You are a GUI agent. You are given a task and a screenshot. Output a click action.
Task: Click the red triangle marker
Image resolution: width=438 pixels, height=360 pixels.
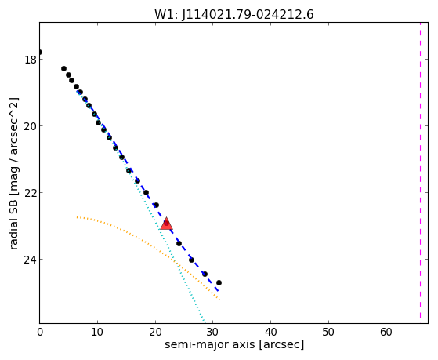click(x=166, y=224)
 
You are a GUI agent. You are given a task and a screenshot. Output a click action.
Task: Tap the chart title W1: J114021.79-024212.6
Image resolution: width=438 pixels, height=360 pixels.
click(x=234, y=15)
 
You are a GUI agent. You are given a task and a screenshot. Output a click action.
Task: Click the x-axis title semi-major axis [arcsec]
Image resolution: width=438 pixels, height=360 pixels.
click(x=234, y=344)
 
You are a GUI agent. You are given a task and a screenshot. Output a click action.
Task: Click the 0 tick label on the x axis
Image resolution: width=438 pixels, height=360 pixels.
click(x=40, y=332)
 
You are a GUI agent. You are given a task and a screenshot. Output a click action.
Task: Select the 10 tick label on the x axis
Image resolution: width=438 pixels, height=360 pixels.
click(x=97, y=332)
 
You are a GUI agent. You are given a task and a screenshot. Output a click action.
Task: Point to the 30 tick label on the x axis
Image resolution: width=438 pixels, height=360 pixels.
click(x=213, y=332)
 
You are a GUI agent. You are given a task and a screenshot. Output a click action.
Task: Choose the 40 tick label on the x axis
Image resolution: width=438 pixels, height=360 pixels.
click(x=270, y=332)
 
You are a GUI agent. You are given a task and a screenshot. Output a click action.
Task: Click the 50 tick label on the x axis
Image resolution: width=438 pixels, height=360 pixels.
click(x=328, y=332)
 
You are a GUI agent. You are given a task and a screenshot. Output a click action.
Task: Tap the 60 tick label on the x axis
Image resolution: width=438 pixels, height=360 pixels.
click(x=386, y=332)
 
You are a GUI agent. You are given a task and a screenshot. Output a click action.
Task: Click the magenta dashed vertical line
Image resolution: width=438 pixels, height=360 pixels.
click(x=420, y=173)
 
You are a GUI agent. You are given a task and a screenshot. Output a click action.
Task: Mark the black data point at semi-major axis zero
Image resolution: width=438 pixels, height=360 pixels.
click(x=40, y=52)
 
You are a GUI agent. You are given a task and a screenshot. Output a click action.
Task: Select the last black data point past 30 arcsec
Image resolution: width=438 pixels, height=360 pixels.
click(x=219, y=283)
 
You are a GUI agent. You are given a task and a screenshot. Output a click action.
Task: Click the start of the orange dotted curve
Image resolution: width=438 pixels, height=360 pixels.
click(x=77, y=217)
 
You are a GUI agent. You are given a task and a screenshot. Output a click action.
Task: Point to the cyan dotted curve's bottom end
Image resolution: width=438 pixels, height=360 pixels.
click(x=205, y=322)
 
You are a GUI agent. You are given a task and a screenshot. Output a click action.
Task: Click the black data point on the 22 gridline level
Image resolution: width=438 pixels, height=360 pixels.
click(x=146, y=192)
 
